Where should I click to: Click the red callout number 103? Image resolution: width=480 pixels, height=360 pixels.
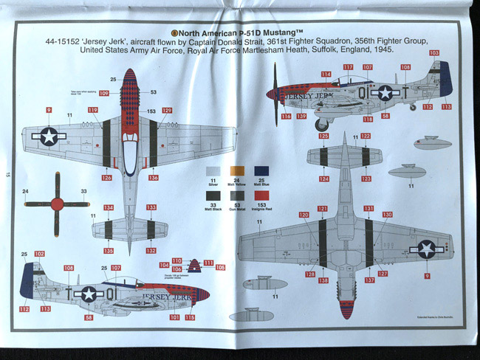click(433, 53)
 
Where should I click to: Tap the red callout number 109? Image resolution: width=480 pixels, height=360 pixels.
click(103, 93)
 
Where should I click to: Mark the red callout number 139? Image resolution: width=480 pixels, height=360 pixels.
click(301, 117)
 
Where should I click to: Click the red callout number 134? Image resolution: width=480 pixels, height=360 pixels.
click(109, 208)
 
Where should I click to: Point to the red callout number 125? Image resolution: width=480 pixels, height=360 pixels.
click(323, 136)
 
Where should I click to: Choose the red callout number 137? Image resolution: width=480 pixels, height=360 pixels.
click(368, 280)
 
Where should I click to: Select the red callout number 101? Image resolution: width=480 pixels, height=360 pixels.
click(174, 317)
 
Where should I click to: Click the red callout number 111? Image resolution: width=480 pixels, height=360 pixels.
click(209, 262)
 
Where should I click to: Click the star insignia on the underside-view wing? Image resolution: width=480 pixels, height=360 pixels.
click(426, 249)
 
